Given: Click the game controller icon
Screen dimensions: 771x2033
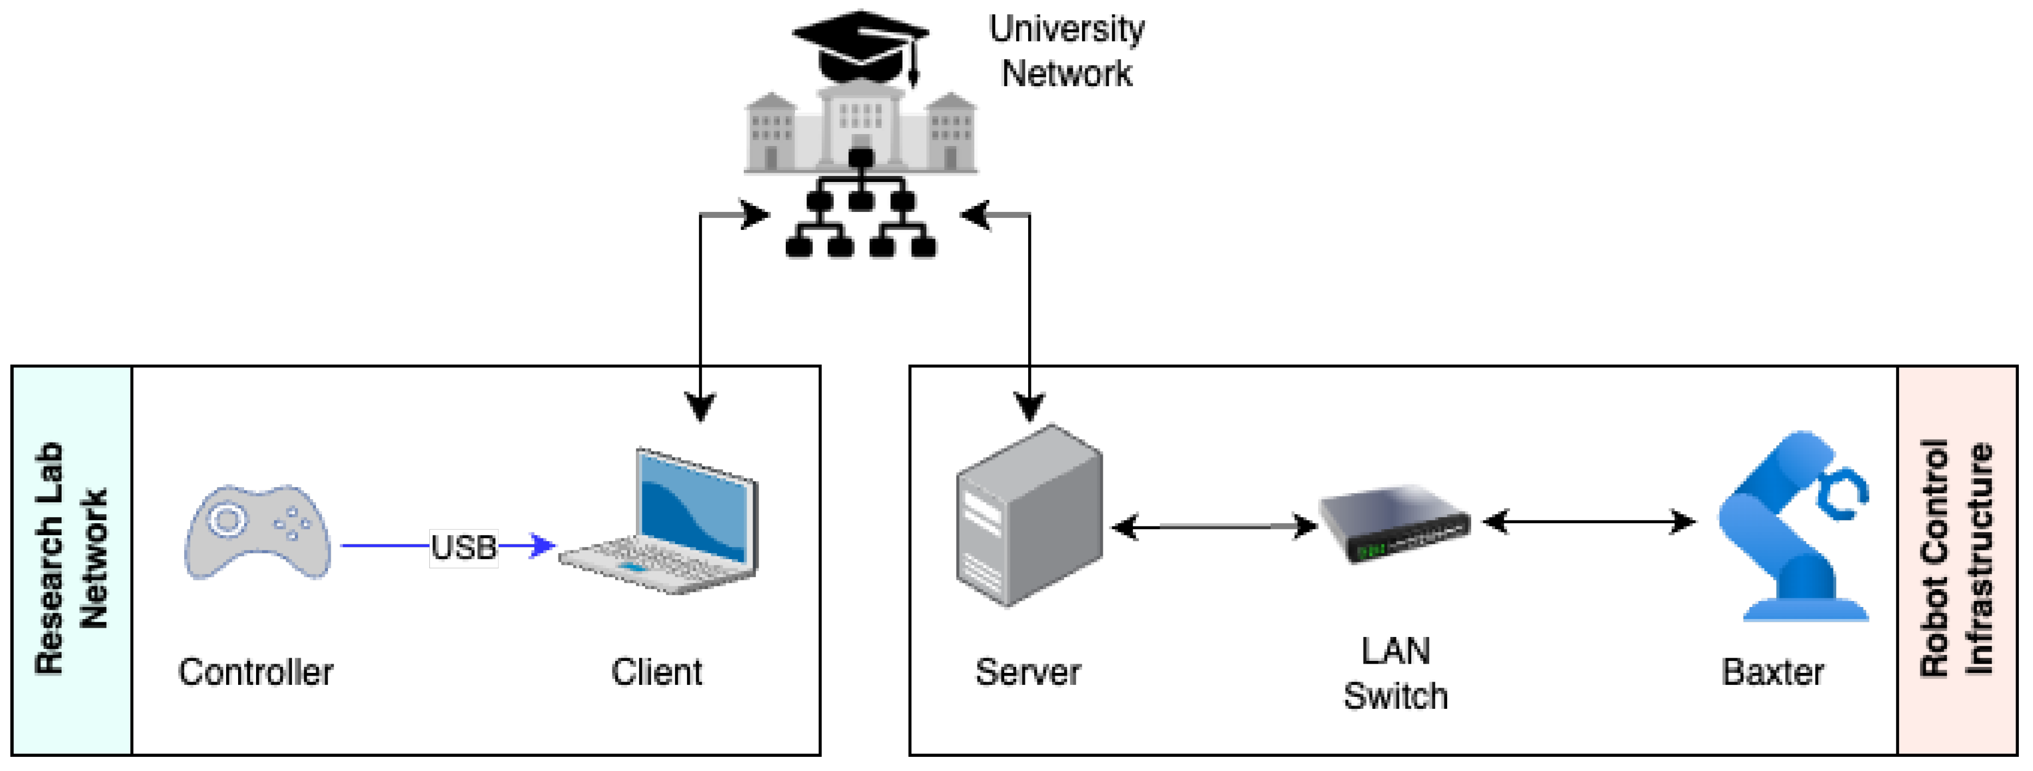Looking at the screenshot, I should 257,533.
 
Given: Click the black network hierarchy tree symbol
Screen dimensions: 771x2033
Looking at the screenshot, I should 861,207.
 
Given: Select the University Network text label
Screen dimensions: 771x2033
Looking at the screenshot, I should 1066,51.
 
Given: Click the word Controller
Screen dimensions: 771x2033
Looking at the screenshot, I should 256,672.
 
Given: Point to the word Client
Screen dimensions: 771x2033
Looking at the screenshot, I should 656,672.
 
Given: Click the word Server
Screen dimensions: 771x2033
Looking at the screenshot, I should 1028,672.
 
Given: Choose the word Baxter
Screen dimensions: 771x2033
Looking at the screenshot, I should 1773,672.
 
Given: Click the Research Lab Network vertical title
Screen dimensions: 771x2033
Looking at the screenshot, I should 71,558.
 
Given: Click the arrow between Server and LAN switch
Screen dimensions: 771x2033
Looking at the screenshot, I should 1214,526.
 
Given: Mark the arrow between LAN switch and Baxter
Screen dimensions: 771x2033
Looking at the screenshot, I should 1589,521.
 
